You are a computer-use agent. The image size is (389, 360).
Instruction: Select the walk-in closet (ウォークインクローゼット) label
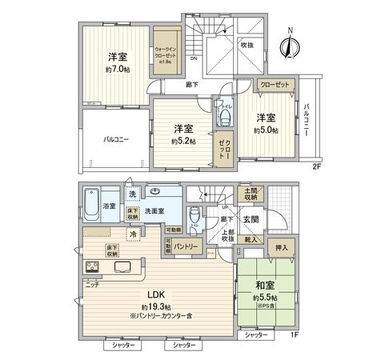(x=166, y=53)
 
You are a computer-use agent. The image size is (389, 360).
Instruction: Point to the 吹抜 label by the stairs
(x=251, y=46)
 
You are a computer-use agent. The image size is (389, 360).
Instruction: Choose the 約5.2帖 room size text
(x=183, y=142)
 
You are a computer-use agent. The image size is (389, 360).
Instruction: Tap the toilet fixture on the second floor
(x=223, y=118)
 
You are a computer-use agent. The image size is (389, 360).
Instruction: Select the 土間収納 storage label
(x=251, y=194)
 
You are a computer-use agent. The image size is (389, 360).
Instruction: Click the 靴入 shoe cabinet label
(x=251, y=238)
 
